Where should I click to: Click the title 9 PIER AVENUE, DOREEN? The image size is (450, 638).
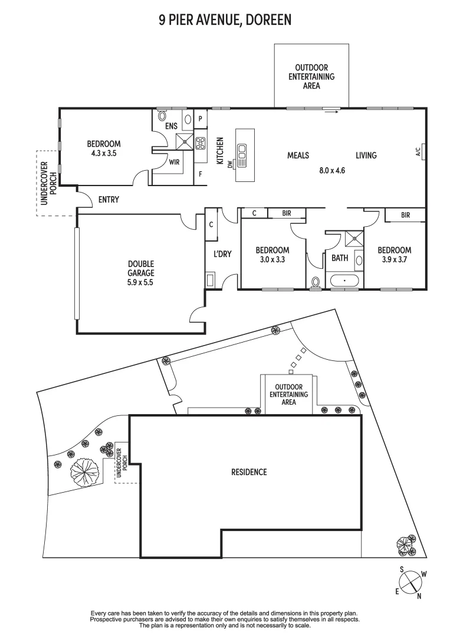point(225,21)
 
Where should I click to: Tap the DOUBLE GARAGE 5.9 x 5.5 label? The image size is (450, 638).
point(140,273)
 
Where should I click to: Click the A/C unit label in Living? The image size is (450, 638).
point(418,153)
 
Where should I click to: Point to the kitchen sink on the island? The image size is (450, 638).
point(242,157)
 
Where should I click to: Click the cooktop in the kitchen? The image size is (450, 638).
point(200,142)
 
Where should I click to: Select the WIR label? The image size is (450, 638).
point(174,161)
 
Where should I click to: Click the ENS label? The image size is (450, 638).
point(171,126)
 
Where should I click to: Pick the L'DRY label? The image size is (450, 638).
point(222,254)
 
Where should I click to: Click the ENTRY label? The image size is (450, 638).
point(109,200)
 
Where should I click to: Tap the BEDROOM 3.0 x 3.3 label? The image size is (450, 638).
point(272,254)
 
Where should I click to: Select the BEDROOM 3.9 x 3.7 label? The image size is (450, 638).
point(394,254)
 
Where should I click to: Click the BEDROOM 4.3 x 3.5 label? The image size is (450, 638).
point(104,148)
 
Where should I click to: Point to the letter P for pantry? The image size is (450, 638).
point(201,118)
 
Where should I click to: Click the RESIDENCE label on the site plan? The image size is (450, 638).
point(249,471)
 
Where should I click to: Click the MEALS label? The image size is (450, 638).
point(298,155)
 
